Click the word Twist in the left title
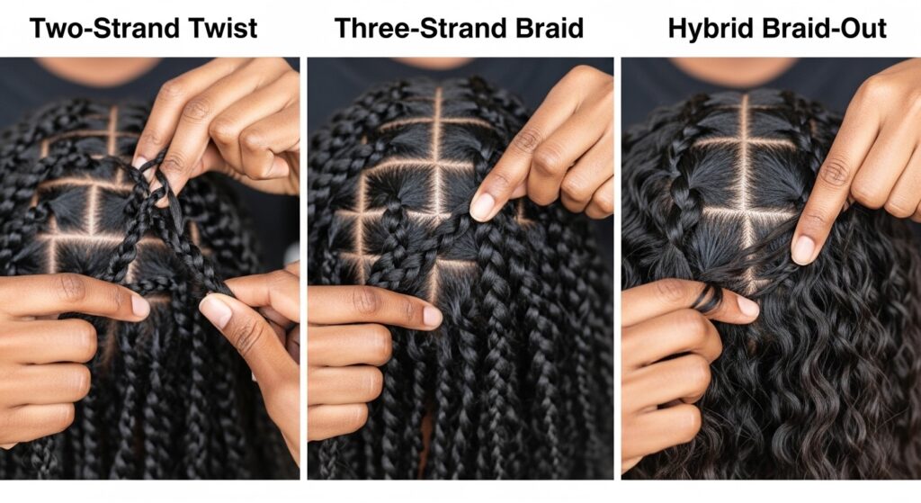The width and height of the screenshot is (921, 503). click(228, 28)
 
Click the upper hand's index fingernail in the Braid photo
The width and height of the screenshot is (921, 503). click(482, 207)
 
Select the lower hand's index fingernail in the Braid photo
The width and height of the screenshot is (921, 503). click(433, 317)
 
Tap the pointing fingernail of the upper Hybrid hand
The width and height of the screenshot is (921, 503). click(803, 250)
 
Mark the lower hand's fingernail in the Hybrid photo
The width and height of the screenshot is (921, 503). click(748, 306)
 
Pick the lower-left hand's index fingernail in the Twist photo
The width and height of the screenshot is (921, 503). click(140, 305)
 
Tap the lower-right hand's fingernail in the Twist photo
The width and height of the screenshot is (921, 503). click(215, 311)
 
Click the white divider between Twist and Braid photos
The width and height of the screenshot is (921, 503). click(304, 268)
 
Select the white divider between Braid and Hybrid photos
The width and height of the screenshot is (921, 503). click(617, 268)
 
